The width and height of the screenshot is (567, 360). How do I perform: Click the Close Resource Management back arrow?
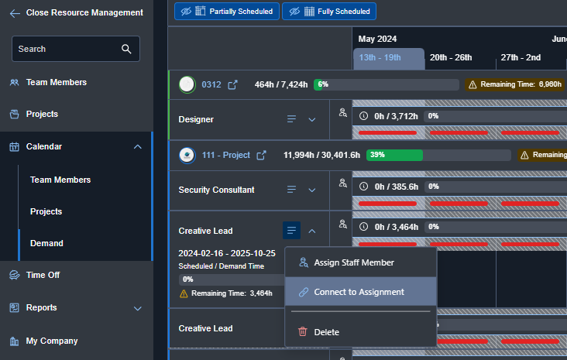click(x=15, y=12)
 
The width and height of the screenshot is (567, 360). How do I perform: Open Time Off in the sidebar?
click(x=43, y=275)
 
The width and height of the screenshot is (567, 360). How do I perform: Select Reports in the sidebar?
click(x=41, y=307)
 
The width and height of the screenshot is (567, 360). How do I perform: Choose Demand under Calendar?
click(x=46, y=243)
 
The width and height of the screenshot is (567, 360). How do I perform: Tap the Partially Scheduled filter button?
click(x=226, y=12)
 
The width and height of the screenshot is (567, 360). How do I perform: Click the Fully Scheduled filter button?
click(x=329, y=12)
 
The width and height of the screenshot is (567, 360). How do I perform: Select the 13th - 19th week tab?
click(x=388, y=57)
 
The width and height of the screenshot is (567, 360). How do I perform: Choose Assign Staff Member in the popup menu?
click(x=353, y=262)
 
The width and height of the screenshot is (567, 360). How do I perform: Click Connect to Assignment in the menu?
click(x=359, y=292)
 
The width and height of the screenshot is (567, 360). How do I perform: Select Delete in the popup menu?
click(x=326, y=332)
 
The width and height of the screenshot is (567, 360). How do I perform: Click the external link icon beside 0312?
click(x=232, y=85)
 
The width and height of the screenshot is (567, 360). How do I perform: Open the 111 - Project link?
click(x=225, y=155)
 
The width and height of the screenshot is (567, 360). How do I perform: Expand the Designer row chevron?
click(x=312, y=119)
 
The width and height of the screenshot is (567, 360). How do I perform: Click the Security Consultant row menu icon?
click(x=292, y=190)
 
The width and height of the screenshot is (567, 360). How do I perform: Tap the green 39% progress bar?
click(x=394, y=155)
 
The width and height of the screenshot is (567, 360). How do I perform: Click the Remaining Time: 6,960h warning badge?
click(x=514, y=84)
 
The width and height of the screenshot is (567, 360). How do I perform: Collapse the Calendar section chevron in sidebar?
click(x=137, y=146)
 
